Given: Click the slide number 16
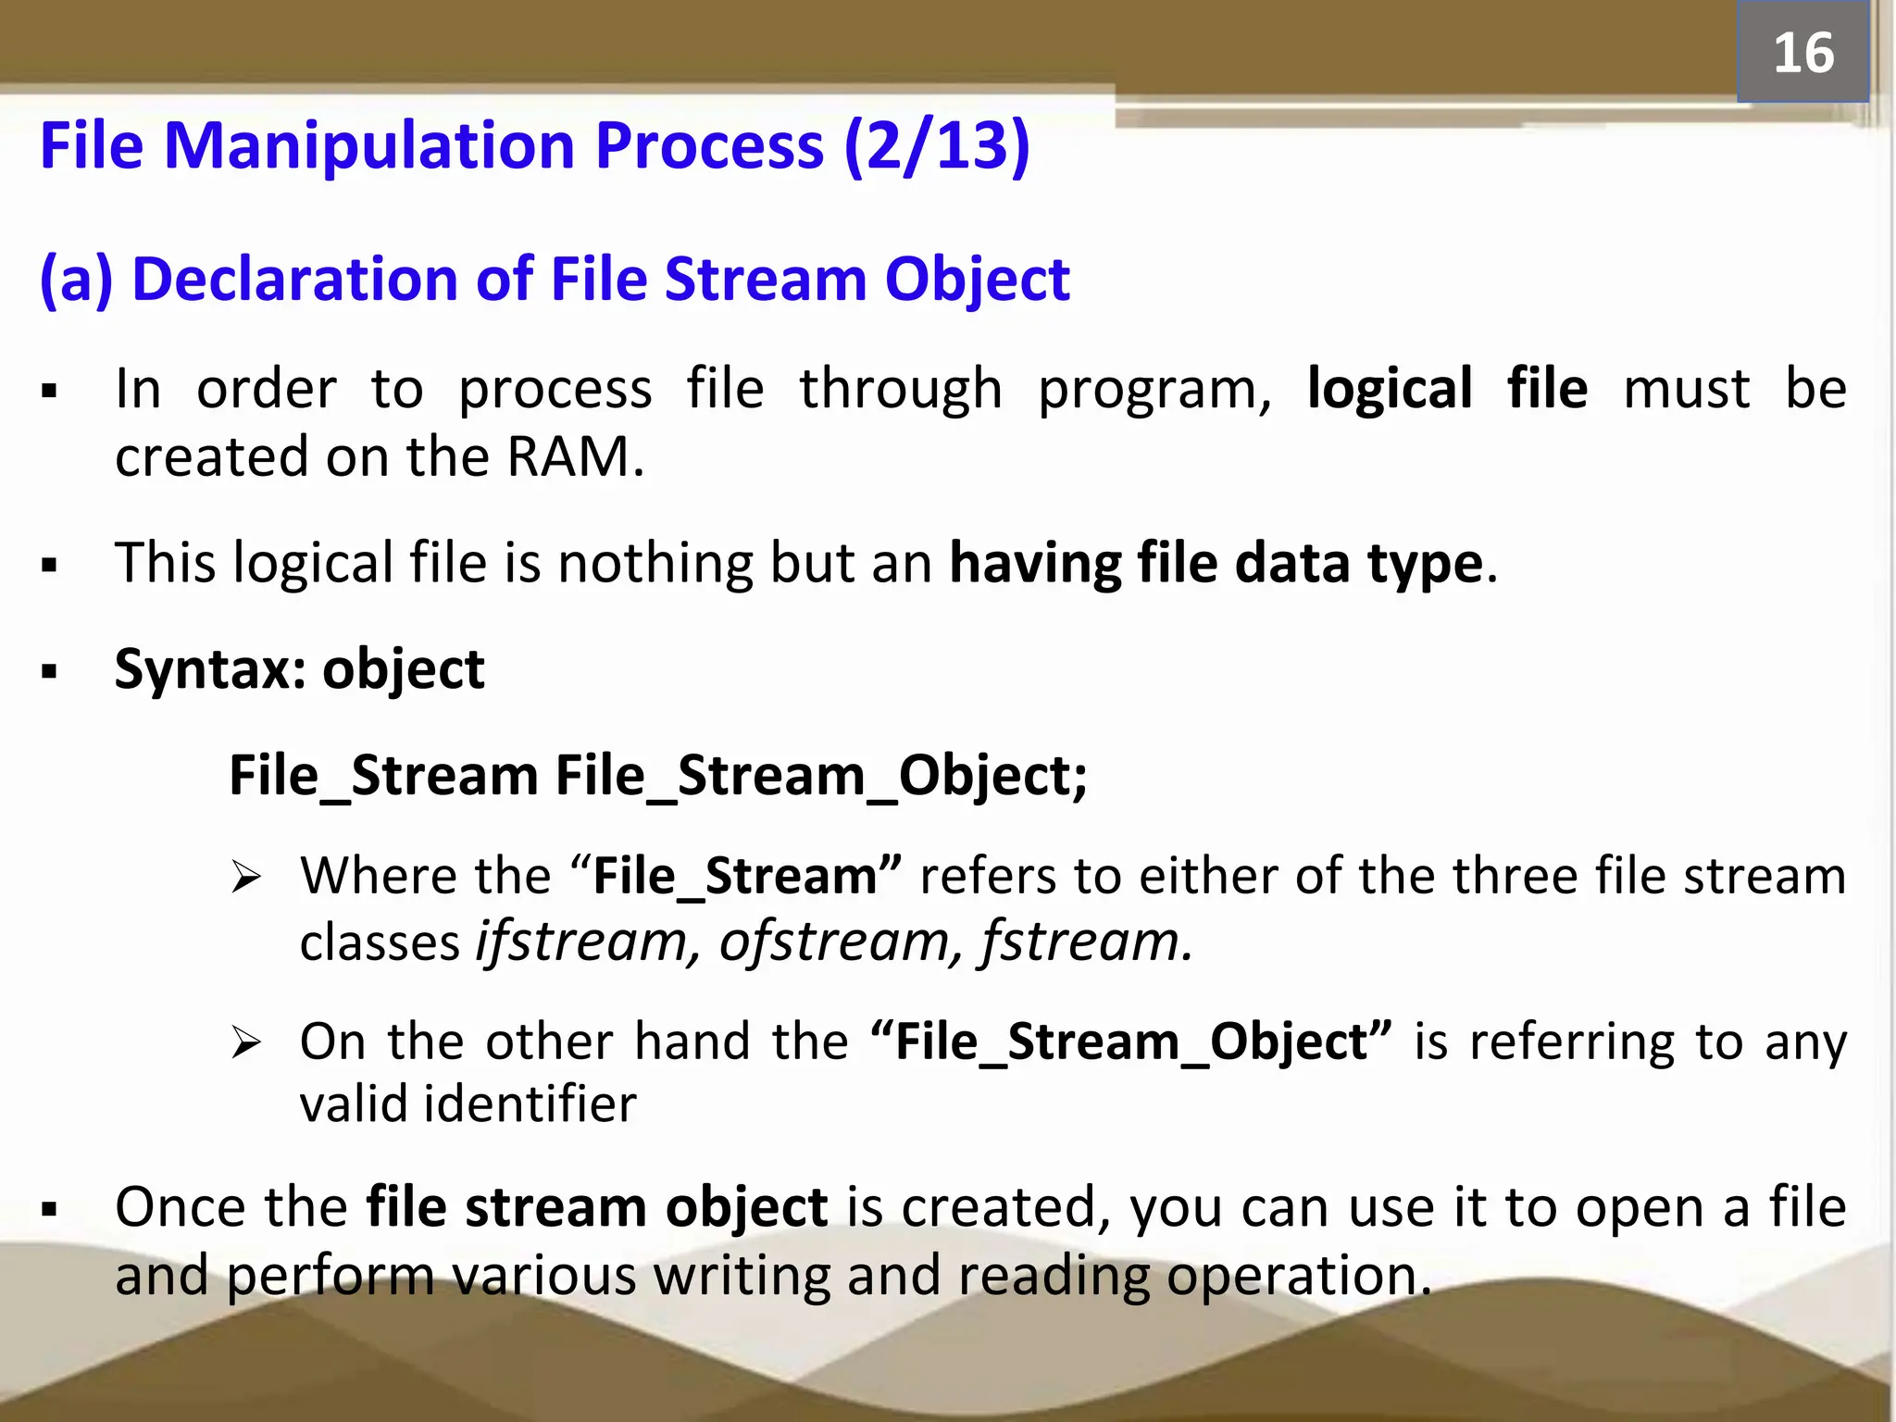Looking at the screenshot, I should tap(1802, 53).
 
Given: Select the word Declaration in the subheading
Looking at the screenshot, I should tap(295, 279).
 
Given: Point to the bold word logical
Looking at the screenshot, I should tap(1389, 389).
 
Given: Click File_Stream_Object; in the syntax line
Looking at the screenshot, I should tap(821, 775).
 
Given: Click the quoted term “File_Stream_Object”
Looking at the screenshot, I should tap(1131, 1042).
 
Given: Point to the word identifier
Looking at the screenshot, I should tap(530, 1104).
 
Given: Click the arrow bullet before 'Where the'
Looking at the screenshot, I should tap(246, 877).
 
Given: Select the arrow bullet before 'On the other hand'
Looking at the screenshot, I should tap(246, 1043).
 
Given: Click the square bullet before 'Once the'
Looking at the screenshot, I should tap(50, 1209).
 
